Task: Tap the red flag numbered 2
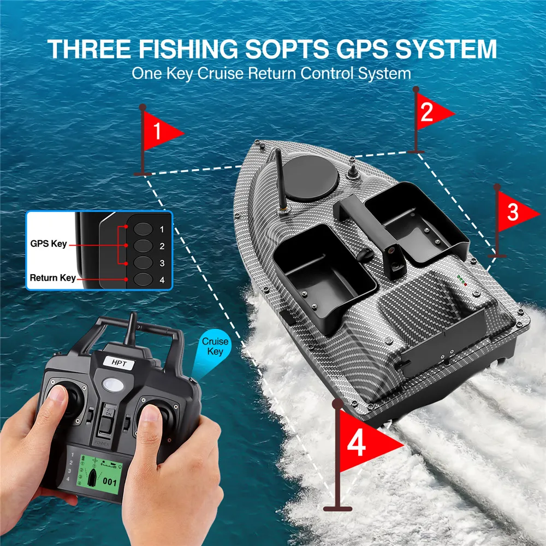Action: tap(432, 112)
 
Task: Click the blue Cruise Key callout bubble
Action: tap(215, 346)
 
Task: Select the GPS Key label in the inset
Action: tap(48, 244)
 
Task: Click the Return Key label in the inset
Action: tap(52, 278)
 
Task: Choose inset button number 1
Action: tap(143, 229)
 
